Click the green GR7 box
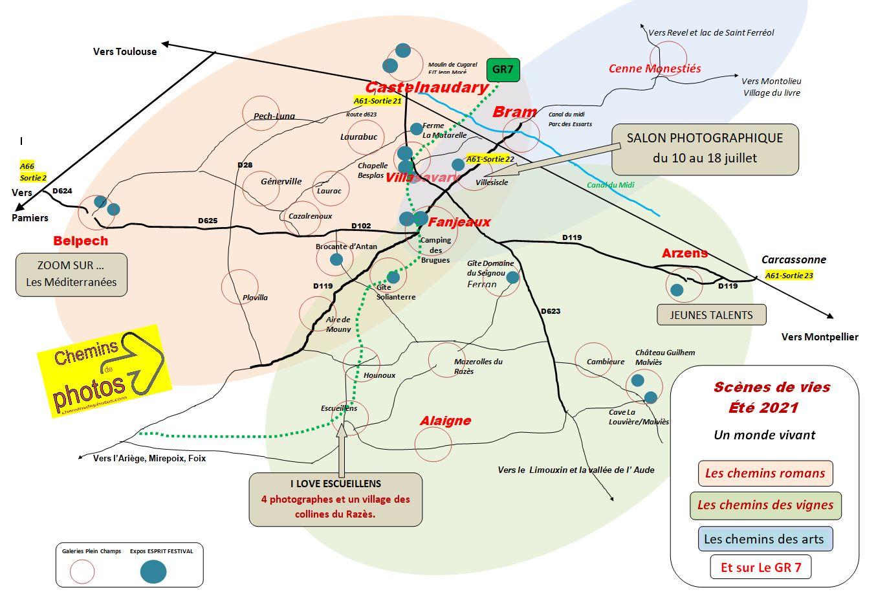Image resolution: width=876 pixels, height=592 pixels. coord(503,69)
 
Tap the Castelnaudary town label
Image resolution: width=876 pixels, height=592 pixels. coord(426,87)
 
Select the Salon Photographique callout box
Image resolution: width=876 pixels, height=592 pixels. coord(705,149)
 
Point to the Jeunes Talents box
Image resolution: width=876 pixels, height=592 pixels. coord(711,315)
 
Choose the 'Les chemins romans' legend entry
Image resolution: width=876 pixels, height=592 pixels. coord(765,473)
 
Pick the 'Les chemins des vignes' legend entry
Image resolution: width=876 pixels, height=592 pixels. coord(765,505)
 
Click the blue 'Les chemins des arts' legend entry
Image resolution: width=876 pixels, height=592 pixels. coord(764,538)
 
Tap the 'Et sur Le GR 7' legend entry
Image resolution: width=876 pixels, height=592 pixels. coord(760,567)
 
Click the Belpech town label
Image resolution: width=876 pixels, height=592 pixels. coord(81,241)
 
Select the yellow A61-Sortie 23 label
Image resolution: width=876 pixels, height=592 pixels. coord(789,275)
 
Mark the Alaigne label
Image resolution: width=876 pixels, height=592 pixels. coord(445,421)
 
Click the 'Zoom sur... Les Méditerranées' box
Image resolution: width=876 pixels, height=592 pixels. coord(71,274)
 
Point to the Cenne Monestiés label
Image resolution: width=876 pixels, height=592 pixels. coord(655,68)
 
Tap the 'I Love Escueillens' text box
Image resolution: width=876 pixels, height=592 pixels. coord(335,499)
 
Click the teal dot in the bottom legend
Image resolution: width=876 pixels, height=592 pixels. coord(153,571)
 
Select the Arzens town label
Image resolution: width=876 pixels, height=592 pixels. coord(684,253)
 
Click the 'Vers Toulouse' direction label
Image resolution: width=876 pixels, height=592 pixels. coord(125,52)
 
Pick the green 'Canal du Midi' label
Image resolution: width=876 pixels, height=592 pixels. coord(610,185)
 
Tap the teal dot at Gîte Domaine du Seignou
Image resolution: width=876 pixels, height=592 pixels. coord(512,278)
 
